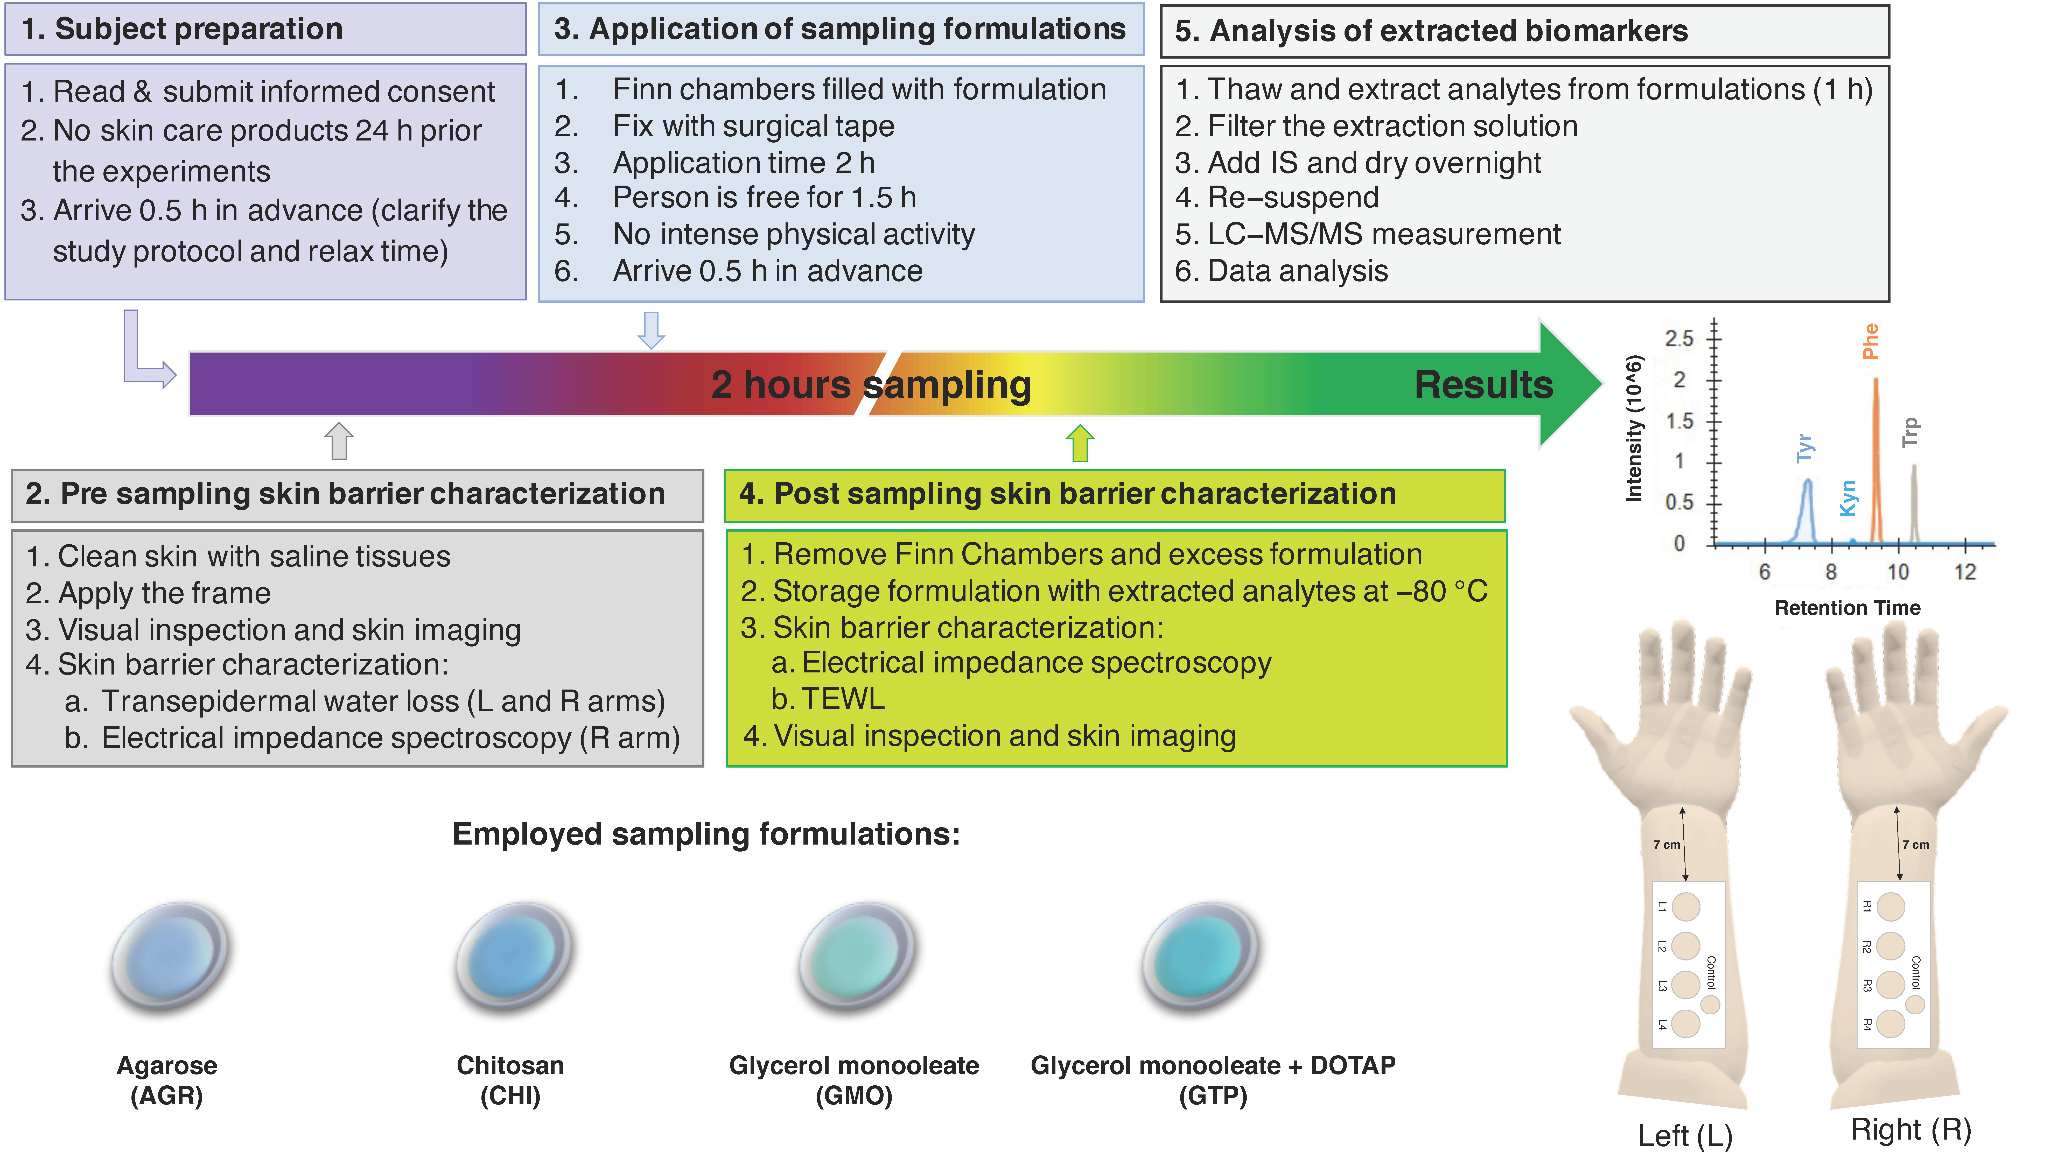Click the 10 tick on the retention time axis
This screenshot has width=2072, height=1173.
point(1898,572)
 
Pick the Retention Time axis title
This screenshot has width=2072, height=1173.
point(1847,608)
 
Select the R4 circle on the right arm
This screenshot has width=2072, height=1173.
point(1891,1024)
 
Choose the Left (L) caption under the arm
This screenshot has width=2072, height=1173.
point(1684,1136)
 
